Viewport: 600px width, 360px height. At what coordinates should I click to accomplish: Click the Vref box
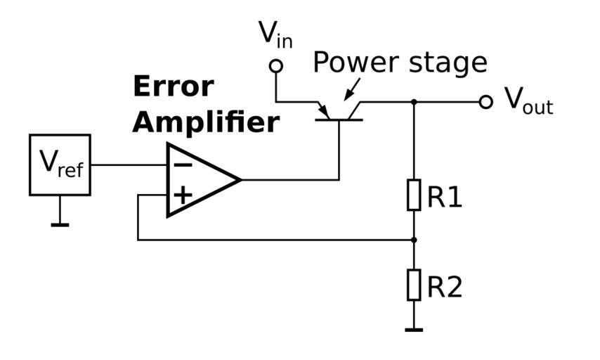click(x=60, y=165)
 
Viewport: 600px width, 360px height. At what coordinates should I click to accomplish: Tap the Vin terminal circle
click(x=276, y=66)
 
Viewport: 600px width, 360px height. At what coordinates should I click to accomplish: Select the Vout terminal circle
click(x=485, y=102)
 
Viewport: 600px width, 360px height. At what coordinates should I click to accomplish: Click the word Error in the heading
click(x=173, y=86)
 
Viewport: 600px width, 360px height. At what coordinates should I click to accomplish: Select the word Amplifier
click(x=206, y=122)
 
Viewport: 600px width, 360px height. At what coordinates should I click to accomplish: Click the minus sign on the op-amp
click(x=183, y=165)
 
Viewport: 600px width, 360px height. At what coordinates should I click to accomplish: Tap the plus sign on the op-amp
click(x=183, y=195)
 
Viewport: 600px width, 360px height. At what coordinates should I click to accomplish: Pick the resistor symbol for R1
click(x=414, y=195)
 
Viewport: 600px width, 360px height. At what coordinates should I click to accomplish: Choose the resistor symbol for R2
click(x=414, y=285)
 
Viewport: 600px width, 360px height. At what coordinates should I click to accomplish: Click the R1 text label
click(x=445, y=198)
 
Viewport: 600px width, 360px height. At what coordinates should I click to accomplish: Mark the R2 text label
click(x=445, y=287)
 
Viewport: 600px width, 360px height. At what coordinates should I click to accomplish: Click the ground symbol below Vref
click(x=60, y=224)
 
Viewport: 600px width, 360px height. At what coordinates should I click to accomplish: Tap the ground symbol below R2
click(x=414, y=328)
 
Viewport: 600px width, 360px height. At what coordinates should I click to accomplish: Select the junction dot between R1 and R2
click(x=414, y=240)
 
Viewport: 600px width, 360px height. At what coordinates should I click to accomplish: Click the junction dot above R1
click(x=414, y=102)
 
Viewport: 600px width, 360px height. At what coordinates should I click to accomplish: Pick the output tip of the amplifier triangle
click(x=240, y=180)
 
